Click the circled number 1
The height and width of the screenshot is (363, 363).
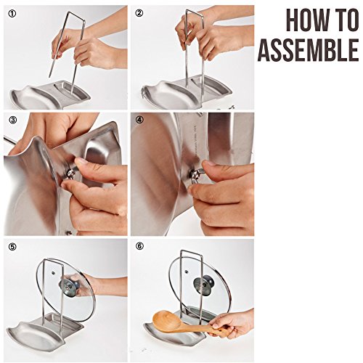(12, 13)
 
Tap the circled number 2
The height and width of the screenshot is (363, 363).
(139, 13)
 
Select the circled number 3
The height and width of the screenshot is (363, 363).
(12, 120)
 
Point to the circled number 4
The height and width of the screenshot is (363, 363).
(139, 120)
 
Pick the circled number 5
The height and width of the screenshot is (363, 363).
(12, 247)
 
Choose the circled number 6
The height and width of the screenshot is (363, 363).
(139, 246)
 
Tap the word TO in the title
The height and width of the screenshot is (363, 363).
(347, 20)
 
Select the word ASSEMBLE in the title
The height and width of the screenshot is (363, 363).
(308, 50)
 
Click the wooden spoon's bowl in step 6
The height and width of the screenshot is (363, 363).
(167, 320)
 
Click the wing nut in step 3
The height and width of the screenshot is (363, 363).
(71, 173)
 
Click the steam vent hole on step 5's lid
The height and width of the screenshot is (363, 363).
(53, 273)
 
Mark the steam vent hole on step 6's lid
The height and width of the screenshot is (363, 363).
(186, 272)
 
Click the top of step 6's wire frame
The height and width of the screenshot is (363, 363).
(191, 253)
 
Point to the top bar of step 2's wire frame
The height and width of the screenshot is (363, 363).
(194, 12)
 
